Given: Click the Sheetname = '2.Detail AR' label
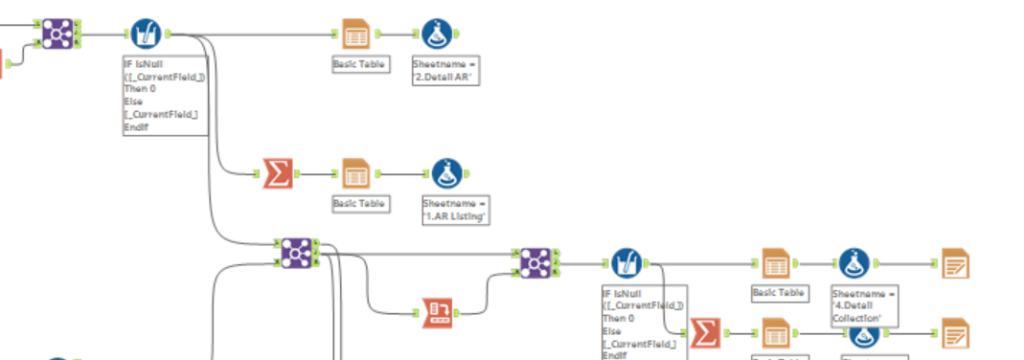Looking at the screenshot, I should coord(444,70).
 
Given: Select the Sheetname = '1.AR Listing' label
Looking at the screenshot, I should coord(456,210).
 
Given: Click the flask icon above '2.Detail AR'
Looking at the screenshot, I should coord(437,34).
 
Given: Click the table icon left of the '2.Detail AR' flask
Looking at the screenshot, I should coord(355,34).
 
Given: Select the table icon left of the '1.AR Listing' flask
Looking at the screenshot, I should coord(355,173).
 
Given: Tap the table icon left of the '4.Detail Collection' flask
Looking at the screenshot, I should coord(775,262).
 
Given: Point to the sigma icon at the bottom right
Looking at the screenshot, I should coord(705,332).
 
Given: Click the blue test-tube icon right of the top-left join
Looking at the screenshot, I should coord(146,34).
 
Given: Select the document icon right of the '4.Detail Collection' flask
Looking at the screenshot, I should coord(954,262).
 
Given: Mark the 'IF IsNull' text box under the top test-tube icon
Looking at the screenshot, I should coord(165,95).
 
